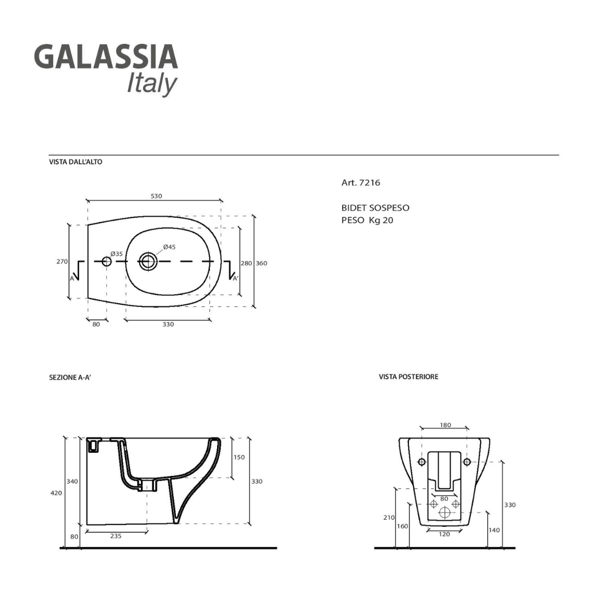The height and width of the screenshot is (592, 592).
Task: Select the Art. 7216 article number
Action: click(361, 183)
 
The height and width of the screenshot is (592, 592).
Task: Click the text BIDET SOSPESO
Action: click(375, 208)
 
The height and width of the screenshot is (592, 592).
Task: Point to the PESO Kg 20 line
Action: click(367, 220)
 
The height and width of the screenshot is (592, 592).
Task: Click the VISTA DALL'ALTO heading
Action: click(76, 162)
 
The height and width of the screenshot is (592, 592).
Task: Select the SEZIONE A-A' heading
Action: click(69, 378)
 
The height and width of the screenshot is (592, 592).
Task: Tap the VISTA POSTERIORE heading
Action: click(408, 377)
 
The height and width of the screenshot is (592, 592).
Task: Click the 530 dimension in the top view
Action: click(156, 196)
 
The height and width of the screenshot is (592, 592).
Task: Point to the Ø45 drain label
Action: click(169, 247)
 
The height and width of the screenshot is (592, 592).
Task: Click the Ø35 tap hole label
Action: click(116, 254)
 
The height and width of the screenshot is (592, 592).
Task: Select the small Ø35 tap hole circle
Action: click(106, 262)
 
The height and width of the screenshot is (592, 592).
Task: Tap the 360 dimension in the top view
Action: click(261, 264)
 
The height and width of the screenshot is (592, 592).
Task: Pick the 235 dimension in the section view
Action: click(116, 536)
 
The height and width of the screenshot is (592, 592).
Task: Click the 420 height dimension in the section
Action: click(56, 493)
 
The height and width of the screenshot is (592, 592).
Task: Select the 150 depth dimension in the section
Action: click(240, 457)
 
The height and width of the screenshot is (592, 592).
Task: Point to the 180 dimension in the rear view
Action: click(445, 425)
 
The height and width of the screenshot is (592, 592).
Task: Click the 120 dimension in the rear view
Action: click(444, 534)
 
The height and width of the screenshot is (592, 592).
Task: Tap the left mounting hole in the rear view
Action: click(422, 462)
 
